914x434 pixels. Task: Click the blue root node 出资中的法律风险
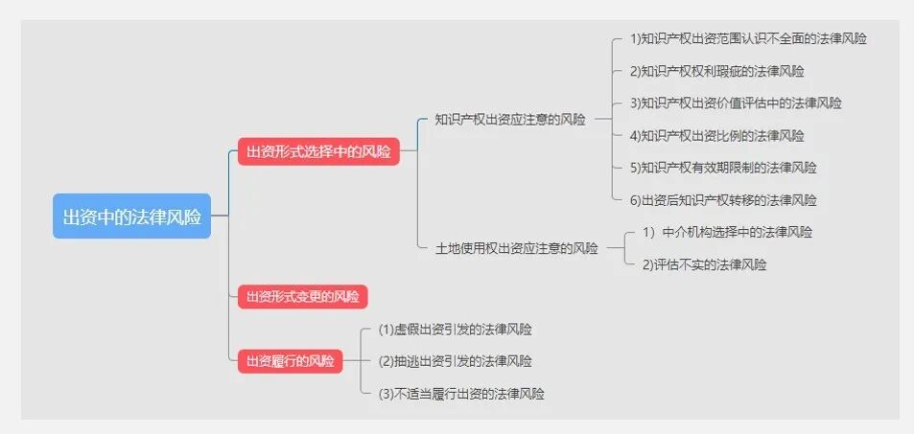point(131,216)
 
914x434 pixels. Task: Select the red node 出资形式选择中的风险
point(318,151)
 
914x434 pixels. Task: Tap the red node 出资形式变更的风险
point(302,296)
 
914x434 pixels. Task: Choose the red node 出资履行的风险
point(290,361)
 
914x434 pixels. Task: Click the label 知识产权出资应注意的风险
point(509,120)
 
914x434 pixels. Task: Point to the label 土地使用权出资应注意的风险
point(516,248)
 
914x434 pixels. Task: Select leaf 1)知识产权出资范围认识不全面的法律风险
point(748,39)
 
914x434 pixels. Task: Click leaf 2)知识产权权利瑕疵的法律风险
point(716,71)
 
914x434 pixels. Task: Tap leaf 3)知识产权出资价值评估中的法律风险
point(736,103)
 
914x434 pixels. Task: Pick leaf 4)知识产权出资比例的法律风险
point(716,135)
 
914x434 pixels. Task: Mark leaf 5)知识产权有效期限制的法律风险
point(723,168)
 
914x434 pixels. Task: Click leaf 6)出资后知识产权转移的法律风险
point(723,200)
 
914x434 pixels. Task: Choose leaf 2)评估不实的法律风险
point(704,264)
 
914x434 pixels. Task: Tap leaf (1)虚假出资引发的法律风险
point(455,329)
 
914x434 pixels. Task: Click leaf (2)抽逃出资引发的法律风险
point(455,361)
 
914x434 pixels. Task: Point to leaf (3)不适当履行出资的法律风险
point(461,394)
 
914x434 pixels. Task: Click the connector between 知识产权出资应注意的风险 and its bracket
point(602,120)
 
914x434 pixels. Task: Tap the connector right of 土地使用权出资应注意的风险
point(615,248)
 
